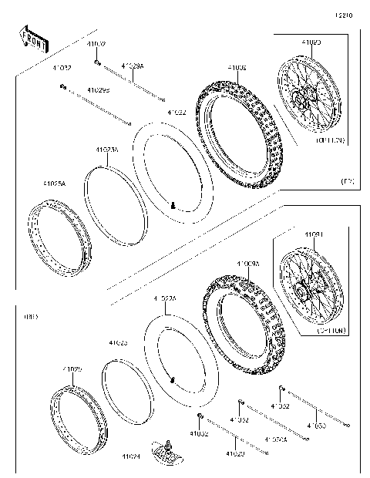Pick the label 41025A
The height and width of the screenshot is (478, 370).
tap(55, 184)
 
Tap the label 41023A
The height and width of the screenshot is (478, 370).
tap(107, 150)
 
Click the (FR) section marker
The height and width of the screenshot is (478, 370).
tap(347, 181)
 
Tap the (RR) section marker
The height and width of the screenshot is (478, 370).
tap(31, 317)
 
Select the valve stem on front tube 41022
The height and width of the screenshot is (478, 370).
tap(173, 206)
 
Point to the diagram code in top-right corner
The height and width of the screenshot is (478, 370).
tap(344, 15)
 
